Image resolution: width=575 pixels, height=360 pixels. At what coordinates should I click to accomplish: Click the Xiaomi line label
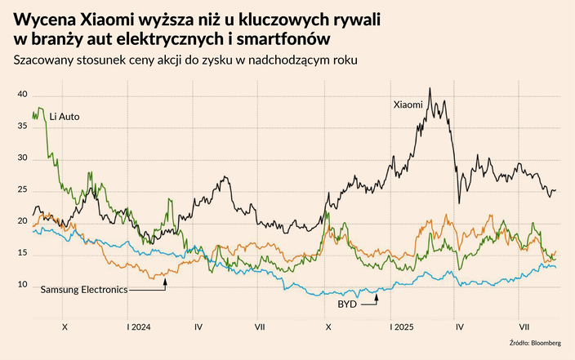[408, 104]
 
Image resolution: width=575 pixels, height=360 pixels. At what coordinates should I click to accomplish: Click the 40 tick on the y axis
[23, 96]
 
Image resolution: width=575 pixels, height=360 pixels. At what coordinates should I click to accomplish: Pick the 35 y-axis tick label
[23, 127]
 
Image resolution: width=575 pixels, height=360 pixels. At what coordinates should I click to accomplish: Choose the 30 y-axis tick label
[23, 159]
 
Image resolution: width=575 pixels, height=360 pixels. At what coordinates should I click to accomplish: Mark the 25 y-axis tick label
[23, 190]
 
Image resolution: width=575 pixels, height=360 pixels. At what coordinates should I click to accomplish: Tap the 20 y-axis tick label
[23, 222]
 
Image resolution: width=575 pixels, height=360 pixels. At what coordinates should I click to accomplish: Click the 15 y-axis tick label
[23, 254]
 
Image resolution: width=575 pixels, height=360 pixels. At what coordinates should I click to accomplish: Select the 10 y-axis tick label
[23, 285]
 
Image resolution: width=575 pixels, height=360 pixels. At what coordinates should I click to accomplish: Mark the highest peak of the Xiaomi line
[430, 88]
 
